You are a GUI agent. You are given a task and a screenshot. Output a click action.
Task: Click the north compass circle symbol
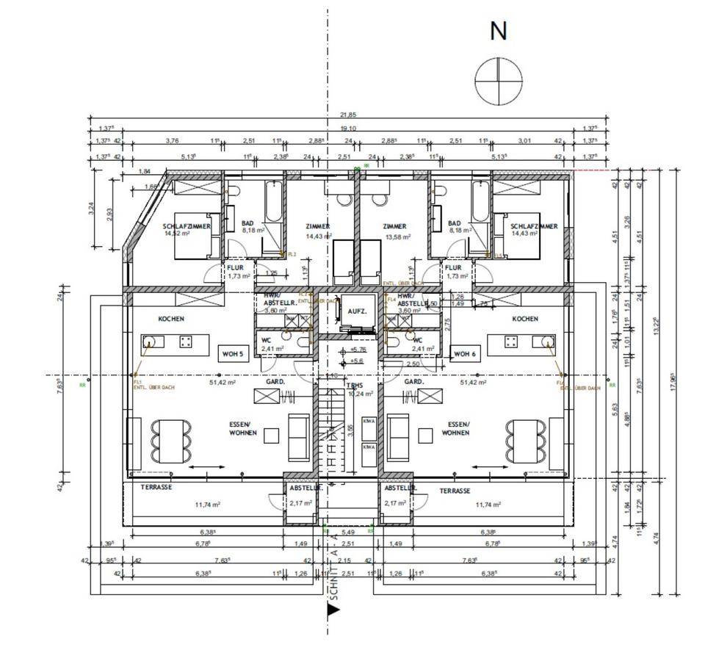[499, 81]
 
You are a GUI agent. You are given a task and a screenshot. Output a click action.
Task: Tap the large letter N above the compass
[499, 32]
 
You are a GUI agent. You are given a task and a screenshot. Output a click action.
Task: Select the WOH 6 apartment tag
[465, 354]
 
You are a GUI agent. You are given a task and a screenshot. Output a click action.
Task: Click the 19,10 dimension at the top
[348, 127]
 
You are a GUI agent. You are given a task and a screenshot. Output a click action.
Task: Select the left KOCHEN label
[171, 319]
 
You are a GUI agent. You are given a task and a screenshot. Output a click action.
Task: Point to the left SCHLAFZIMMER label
[187, 226]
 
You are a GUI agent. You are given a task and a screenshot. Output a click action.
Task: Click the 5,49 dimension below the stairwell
[348, 532]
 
